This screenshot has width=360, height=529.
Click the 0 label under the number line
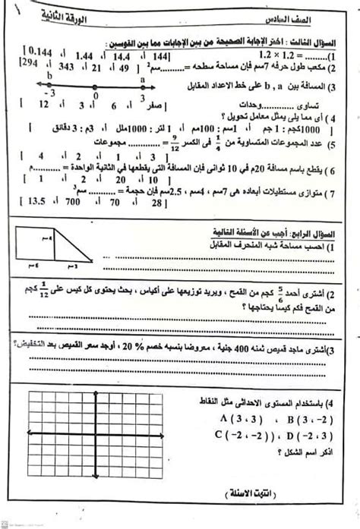coord(94,97)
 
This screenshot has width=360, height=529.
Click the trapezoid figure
coord(58,257)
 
